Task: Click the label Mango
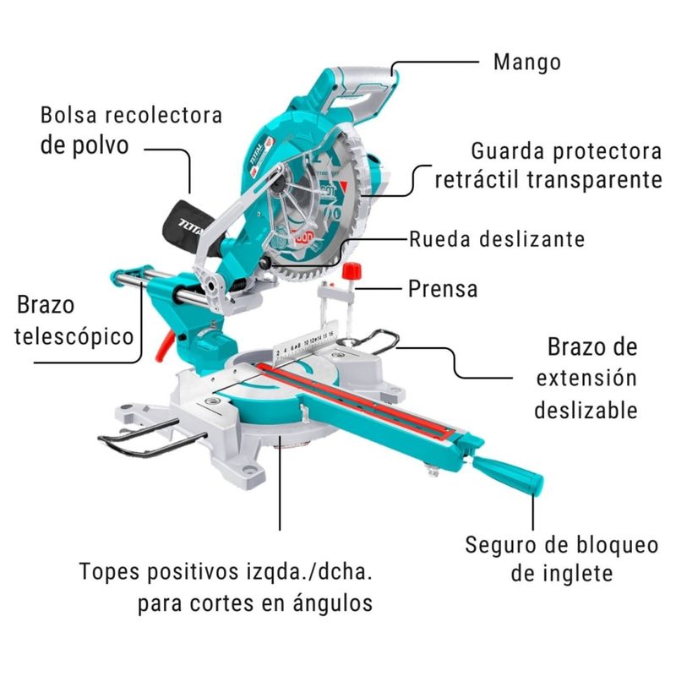tap(526, 63)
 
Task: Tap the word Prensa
tap(443, 289)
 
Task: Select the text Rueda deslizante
tap(497, 239)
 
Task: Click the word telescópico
tap(74, 336)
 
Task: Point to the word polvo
tap(101, 145)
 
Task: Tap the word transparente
tap(595, 180)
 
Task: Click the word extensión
tap(586, 378)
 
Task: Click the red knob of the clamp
tap(352, 271)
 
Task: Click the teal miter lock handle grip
tap(508, 475)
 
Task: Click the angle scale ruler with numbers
tap(305, 343)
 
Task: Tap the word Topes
tap(110, 573)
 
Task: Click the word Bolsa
tap(68, 115)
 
